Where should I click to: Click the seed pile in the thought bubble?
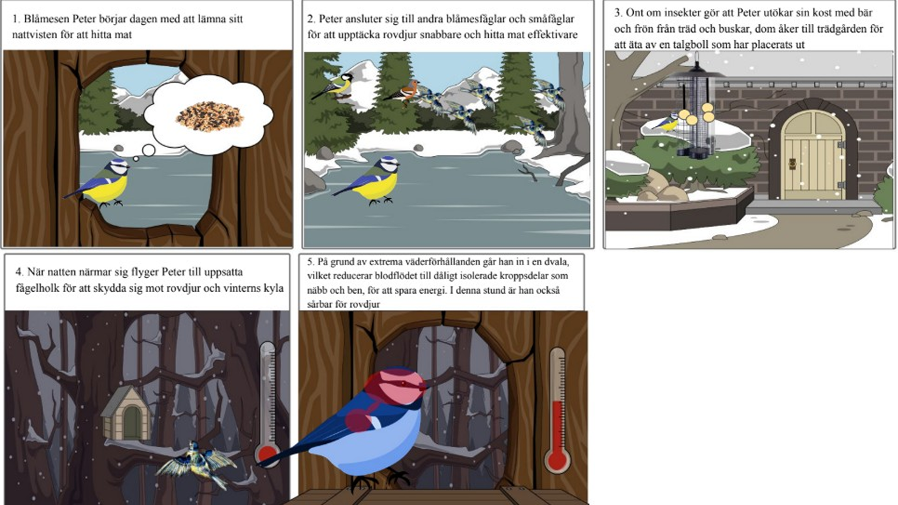210,117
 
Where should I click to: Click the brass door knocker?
792,163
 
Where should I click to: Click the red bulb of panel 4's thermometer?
267,454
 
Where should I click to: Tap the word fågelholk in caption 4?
37,288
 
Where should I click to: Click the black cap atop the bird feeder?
697,68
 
